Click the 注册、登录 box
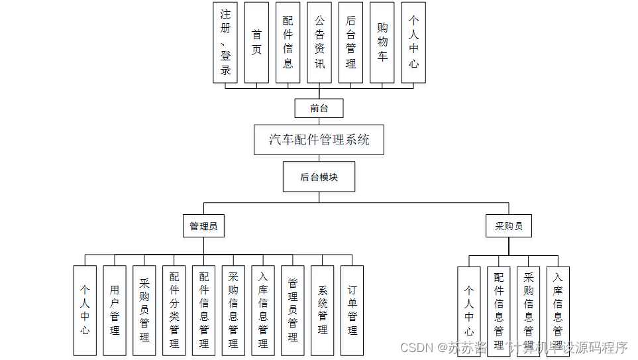[x=225, y=42]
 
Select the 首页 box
[x=256, y=42]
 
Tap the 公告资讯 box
[x=319, y=42]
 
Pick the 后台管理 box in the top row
[x=350, y=42]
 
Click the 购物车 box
[x=382, y=42]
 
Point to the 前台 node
[x=319, y=108]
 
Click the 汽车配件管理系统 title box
[x=319, y=140]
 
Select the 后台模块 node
[x=319, y=177]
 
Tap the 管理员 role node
[x=203, y=226]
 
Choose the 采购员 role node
[x=509, y=226]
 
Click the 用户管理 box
[x=115, y=310]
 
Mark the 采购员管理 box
[x=144, y=310]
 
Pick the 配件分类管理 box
[x=174, y=310]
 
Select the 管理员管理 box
[x=293, y=310]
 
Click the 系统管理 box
[x=323, y=310]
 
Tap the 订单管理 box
[x=352, y=310]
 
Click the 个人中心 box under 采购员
[x=469, y=311]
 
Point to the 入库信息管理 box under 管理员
[x=263, y=310]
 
